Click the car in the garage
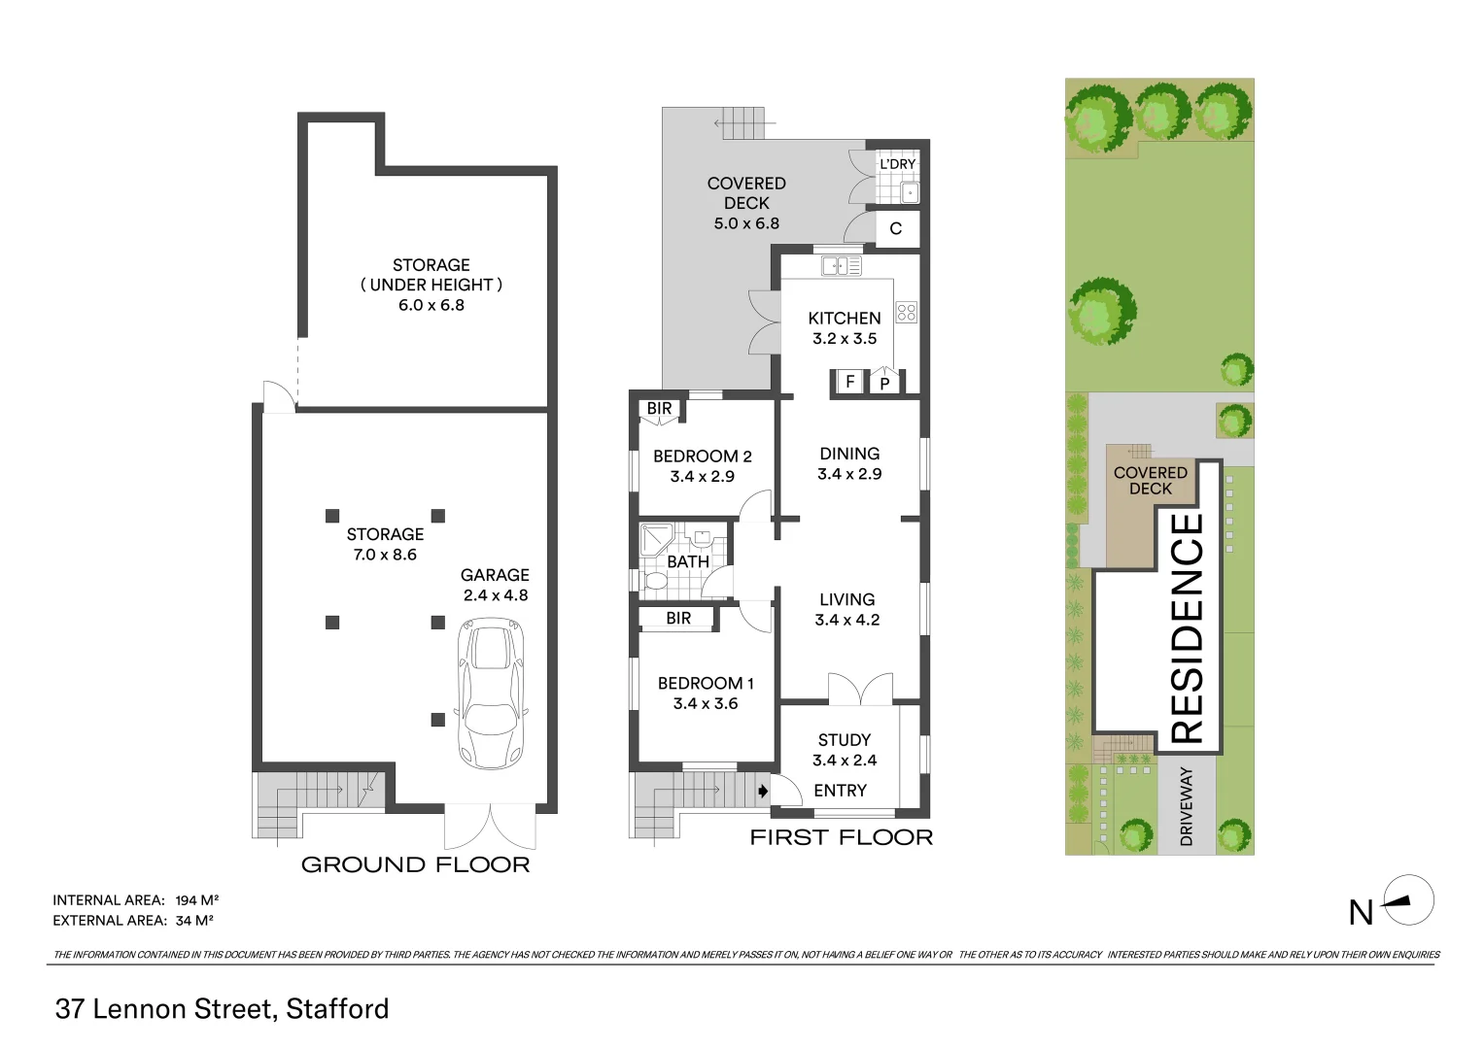493,693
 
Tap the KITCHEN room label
845,319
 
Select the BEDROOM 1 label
706,684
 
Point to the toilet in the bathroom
656,581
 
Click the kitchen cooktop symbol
907,313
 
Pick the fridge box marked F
849,382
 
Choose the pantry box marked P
884,383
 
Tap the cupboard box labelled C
896,229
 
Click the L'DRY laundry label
898,164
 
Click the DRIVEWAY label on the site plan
1186,806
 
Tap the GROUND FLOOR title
416,864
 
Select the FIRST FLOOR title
841,837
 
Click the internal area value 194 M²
196,900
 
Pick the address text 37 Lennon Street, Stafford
223,1009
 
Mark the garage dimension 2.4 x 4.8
496,595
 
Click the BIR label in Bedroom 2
659,409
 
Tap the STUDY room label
845,740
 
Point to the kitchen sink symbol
841,265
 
